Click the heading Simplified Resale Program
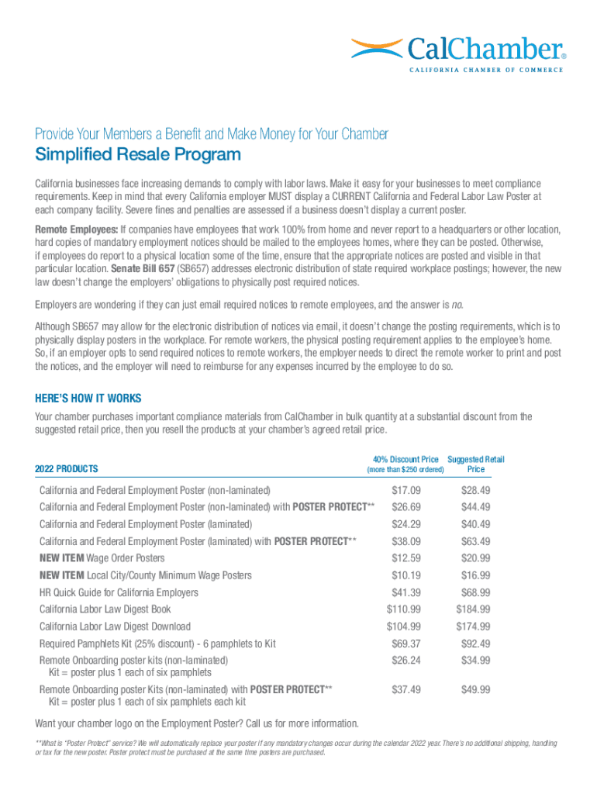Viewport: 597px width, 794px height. click(x=138, y=155)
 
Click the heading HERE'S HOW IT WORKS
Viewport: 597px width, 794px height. click(x=88, y=399)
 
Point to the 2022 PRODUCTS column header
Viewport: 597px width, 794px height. click(x=67, y=469)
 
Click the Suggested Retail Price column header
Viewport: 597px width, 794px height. click(x=476, y=464)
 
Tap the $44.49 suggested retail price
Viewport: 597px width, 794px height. click(x=475, y=507)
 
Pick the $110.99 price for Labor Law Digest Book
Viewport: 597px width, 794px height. click(x=403, y=609)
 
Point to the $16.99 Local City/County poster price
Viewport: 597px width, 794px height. click(x=475, y=575)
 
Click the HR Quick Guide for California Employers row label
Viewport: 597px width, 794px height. click(x=119, y=592)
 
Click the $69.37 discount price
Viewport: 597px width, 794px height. click(x=406, y=644)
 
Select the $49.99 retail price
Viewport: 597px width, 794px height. click(x=475, y=689)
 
